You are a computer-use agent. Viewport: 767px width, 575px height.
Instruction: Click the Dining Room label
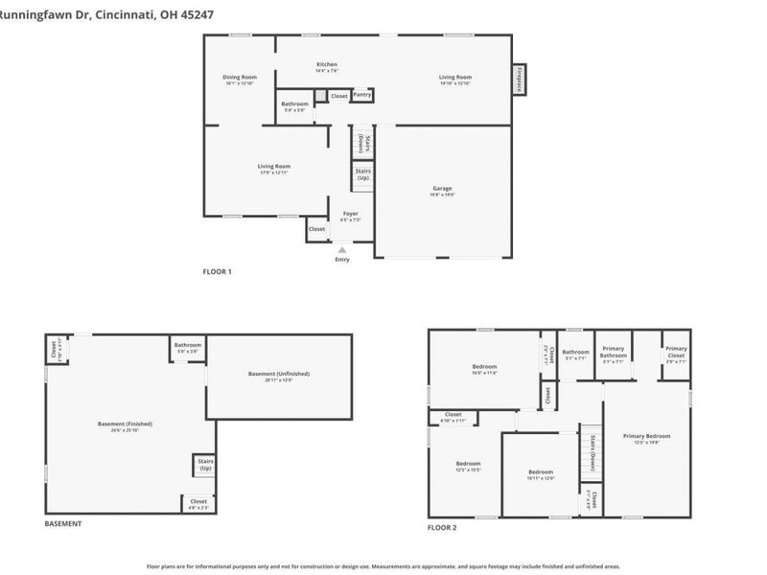point(240,77)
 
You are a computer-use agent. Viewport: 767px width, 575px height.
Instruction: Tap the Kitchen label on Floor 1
point(327,65)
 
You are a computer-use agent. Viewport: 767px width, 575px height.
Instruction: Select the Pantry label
point(361,95)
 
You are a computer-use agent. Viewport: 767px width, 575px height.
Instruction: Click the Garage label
point(442,189)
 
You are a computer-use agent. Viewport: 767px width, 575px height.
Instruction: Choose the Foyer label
point(351,214)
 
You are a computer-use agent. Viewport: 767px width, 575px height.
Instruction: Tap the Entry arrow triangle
point(342,249)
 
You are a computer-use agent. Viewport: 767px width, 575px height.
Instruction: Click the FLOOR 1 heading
point(217,272)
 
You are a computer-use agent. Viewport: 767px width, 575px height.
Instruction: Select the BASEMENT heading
point(63,524)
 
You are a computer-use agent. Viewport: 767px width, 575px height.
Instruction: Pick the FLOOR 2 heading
point(442,528)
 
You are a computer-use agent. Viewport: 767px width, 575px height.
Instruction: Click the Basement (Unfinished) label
point(279,374)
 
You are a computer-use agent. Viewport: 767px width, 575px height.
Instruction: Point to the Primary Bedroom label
point(646,436)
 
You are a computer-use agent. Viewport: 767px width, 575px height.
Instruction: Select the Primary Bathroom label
point(614,355)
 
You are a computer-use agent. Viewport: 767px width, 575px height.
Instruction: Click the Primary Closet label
point(676,349)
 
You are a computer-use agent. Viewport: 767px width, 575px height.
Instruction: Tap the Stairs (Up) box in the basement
point(204,465)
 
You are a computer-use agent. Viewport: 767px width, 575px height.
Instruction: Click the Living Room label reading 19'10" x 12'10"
point(455,78)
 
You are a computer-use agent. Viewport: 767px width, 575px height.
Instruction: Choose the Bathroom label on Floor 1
point(294,103)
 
